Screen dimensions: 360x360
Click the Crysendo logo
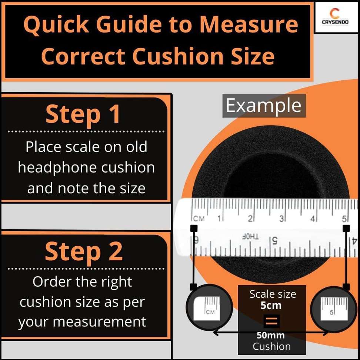[x=335, y=17]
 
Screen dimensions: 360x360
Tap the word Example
[x=264, y=106]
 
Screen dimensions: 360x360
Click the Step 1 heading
[x=83, y=114]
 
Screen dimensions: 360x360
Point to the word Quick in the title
[x=56, y=25]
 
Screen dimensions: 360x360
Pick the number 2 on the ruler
[x=250, y=219]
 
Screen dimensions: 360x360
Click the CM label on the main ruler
[x=199, y=219]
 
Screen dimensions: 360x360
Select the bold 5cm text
[x=271, y=306]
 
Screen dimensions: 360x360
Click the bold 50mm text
[x=271, y=335]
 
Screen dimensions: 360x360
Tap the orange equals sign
[x=271, y=321]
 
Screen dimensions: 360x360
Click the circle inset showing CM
[x=209, y=308]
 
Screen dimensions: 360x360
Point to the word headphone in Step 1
[x=58, y=168]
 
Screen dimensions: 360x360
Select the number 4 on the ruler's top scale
[x=313, y=219]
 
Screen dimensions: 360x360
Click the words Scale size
[x=273, y=294]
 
